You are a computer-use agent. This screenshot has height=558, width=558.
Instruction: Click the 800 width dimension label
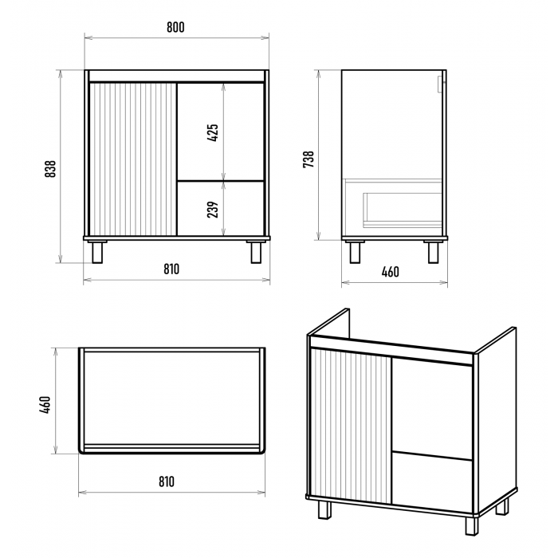[176, 27]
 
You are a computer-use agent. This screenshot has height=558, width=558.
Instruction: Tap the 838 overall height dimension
[50, 169]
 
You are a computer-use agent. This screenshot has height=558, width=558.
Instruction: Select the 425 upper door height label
[213, 133]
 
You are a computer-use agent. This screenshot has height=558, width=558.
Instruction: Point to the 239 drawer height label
[213, 210]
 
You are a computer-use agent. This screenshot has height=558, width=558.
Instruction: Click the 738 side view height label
[308, 159]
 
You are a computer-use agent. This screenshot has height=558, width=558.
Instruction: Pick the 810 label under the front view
[171, 269]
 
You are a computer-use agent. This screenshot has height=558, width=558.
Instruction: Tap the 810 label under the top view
[167, 481]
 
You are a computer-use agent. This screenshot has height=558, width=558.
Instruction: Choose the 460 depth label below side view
[391, 273]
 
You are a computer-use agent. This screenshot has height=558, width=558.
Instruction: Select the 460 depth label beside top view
[45, 405]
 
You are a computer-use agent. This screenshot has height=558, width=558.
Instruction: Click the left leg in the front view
[97, 253]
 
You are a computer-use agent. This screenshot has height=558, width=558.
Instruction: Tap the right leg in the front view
[256, 253]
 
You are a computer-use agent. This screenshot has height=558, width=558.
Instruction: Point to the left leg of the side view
[355, 253]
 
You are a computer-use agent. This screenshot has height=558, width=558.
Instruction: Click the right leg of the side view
[433, 253]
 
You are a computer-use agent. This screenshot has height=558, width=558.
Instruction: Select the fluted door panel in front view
[133, 159]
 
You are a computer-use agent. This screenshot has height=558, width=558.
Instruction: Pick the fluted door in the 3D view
[352, 426]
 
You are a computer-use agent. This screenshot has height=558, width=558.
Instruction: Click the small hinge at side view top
[441, 84]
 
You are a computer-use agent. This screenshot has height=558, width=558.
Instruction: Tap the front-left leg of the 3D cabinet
[325, 510]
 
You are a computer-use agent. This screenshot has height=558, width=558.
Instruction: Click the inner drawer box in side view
[403, 210]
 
